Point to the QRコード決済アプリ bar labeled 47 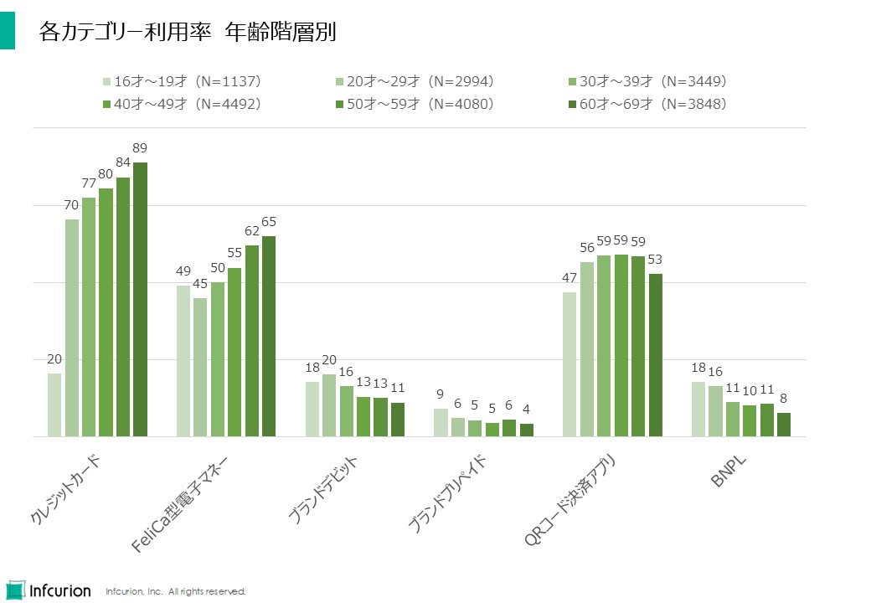[x=569, y=364]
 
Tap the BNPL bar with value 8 [x=783, y=425]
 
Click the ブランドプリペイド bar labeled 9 [x=441, y=422]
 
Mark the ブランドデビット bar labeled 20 [x=329, y=405]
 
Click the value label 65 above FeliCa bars [x=269, y=222]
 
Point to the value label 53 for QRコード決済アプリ [x=655, y=260]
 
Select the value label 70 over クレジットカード [x=71, y=205]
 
